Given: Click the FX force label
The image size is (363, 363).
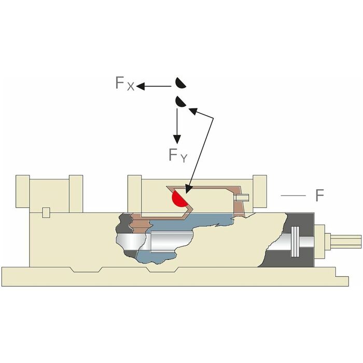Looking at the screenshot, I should coord(124,84).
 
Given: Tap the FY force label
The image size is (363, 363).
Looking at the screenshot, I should coord(177,155).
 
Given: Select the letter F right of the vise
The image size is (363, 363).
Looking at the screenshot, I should coord(319,196).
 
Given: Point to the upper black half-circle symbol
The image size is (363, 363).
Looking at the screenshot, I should coord(179,83).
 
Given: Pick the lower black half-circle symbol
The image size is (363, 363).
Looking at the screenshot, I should coord(180,102).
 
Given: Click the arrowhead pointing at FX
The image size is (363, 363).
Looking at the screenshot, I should coord(141,87).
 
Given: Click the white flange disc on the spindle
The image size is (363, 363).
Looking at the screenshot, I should coord(296,242).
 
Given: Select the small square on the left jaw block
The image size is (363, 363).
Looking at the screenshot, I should coord(46,212).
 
